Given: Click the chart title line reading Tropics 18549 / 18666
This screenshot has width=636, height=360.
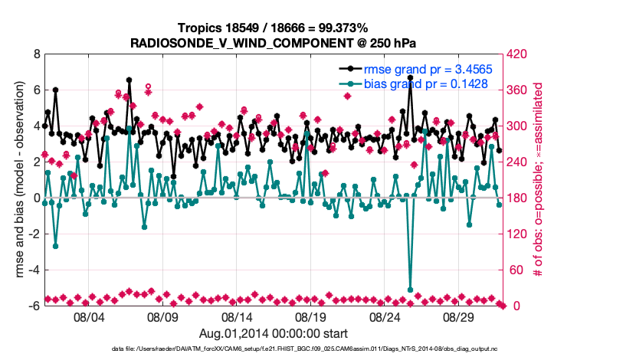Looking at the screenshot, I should (x=274, y=28).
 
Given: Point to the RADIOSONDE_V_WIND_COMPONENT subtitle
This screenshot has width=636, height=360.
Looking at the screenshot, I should (x=274, y=42).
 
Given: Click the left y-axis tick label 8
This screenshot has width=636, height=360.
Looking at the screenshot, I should (x=35, y=55).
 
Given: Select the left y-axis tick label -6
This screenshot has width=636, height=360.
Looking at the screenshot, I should (x=33, y=306).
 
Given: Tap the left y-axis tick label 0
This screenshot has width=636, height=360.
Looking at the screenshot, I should (x=35, y=198).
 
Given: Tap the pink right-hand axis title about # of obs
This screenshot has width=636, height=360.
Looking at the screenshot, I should (x=538, y=180).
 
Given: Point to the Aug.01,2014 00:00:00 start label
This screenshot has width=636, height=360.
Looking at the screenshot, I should (x=274, y=333).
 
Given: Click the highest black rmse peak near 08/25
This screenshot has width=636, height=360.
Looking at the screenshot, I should (x=411, y=77).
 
